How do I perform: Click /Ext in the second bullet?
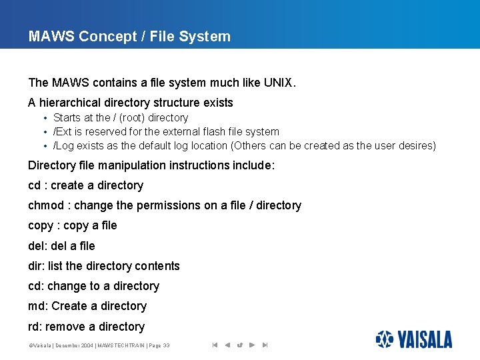[x=63, y=132]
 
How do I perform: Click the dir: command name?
[x=36, y=266]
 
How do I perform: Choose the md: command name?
[x=37, y=306]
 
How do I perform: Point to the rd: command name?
[x=35, y=327]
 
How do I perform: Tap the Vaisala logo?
[x=413, y=339]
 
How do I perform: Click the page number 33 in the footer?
[x=165, y=345]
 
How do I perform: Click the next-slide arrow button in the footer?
[x=251, y=345]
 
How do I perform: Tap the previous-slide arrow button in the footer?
[x=227, y=345]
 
